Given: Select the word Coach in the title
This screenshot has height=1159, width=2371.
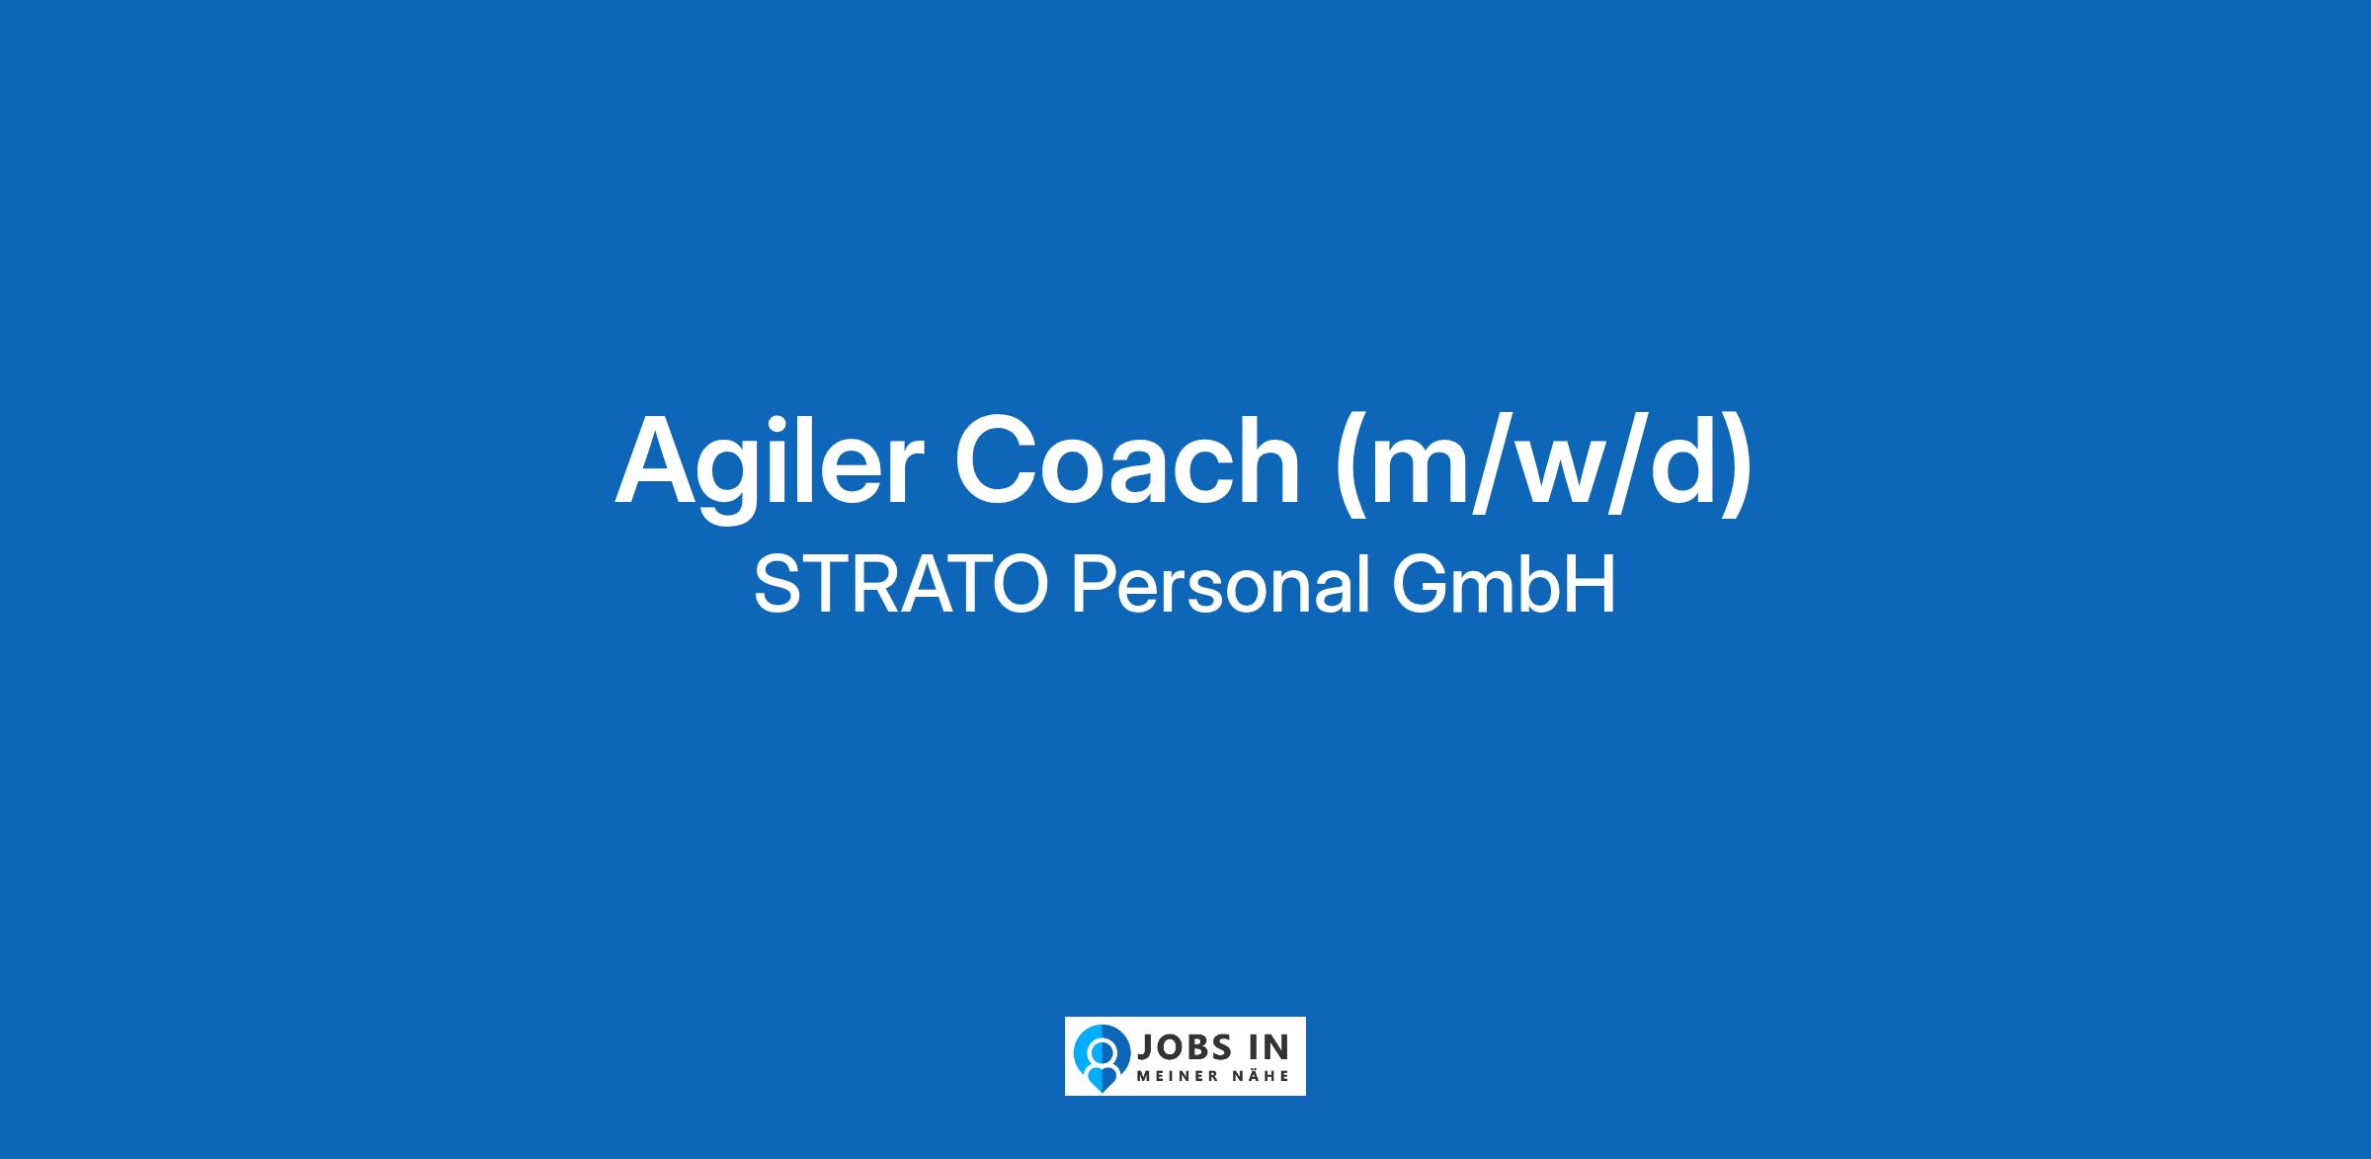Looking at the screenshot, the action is [1127, 459].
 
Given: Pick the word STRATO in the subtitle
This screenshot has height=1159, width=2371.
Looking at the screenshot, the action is [900, 585].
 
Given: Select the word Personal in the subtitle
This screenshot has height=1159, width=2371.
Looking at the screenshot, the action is [1221, 585].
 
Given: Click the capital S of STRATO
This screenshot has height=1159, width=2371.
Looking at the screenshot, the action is [776, 585].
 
